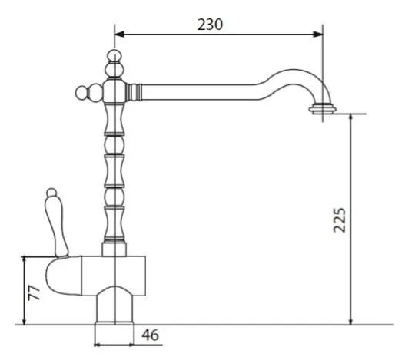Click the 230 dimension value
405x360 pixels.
210,25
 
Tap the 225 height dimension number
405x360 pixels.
339,220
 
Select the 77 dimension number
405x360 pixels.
34,293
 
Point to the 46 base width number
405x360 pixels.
151,335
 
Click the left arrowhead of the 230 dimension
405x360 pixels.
119,35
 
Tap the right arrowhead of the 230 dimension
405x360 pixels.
317,35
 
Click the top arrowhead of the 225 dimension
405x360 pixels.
350,118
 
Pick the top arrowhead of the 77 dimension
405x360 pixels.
24,260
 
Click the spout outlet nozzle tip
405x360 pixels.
323,109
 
